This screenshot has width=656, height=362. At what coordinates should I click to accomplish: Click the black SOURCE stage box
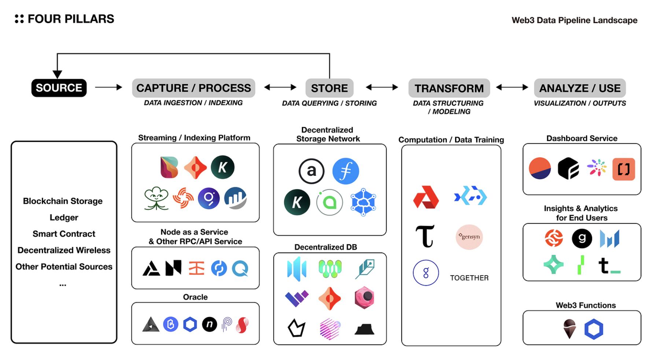click(x=59, y=88)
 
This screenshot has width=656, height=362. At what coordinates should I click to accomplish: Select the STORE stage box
click(x=329, y=88)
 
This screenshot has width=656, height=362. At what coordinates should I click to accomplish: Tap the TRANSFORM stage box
click(x=449, y=88)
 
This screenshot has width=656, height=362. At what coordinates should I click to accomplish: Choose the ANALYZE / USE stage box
click(x=580, y=88)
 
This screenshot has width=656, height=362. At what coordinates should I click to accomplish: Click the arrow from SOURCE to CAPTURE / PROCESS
click(x=108, y=87)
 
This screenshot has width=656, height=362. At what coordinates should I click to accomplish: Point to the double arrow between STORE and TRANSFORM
click(x=382, y=87)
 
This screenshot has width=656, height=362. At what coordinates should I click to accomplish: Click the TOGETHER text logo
click(x=469, y=278)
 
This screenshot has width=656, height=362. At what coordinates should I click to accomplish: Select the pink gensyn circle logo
click(x=469, y=237)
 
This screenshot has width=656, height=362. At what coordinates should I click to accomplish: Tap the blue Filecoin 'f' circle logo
click(x=346, y=171)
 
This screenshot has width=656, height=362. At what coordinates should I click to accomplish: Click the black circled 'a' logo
click(x=312, y=171)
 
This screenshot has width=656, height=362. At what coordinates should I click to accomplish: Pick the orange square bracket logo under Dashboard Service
click(x=623, y=169)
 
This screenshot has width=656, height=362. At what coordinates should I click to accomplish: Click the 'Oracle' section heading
click(x=195, y=297)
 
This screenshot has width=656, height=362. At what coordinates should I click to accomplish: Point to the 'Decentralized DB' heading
click(x=325, y=247)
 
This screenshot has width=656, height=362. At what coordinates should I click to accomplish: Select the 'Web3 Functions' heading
click(x=586, y=306)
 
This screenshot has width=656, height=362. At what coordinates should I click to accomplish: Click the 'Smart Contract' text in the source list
click(x=64, y=234)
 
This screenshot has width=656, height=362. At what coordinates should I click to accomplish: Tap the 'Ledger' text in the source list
click(x=64, y=218)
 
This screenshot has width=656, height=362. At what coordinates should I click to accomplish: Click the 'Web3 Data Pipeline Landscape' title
click(x=574, y=21)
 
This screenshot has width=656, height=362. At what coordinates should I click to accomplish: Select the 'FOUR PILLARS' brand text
click(x=71, y=19)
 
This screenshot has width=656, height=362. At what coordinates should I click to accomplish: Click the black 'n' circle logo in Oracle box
click(x=210, y=324)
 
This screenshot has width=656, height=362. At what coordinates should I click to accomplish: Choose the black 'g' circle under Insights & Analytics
click(x=582, y=238)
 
